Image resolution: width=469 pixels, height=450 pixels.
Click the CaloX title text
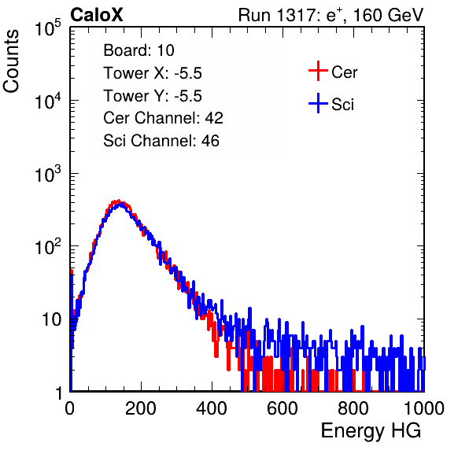click(96, 15)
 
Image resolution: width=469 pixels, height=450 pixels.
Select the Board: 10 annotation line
click(138, 50)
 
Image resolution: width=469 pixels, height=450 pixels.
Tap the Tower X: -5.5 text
click(153, 73)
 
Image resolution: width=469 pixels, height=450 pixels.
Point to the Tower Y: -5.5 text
click(153, 96)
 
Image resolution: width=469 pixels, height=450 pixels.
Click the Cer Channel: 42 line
click(163, 118)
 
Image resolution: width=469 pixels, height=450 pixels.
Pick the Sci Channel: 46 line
click(161, 141)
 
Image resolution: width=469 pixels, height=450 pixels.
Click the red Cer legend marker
click(318, 71)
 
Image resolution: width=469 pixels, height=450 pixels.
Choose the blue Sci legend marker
click(318, 104)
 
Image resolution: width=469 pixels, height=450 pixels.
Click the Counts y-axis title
click(11, 61)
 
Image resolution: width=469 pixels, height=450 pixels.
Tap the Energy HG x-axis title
click(371, 430)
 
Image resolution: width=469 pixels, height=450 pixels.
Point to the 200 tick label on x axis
click(141, 408)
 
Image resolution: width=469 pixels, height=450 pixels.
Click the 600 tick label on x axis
click(283, 408)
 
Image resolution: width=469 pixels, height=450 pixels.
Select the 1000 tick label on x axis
click(424, 408)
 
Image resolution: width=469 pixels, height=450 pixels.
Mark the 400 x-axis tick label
click(212, 408)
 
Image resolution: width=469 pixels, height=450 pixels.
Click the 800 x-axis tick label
click(353, 408)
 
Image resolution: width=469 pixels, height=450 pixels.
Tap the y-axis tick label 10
click(51, 319)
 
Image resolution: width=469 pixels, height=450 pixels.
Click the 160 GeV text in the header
click(388, 15)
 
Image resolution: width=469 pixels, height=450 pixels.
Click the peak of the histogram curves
click(119, 203)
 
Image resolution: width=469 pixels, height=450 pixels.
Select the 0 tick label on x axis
click(69, 408)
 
